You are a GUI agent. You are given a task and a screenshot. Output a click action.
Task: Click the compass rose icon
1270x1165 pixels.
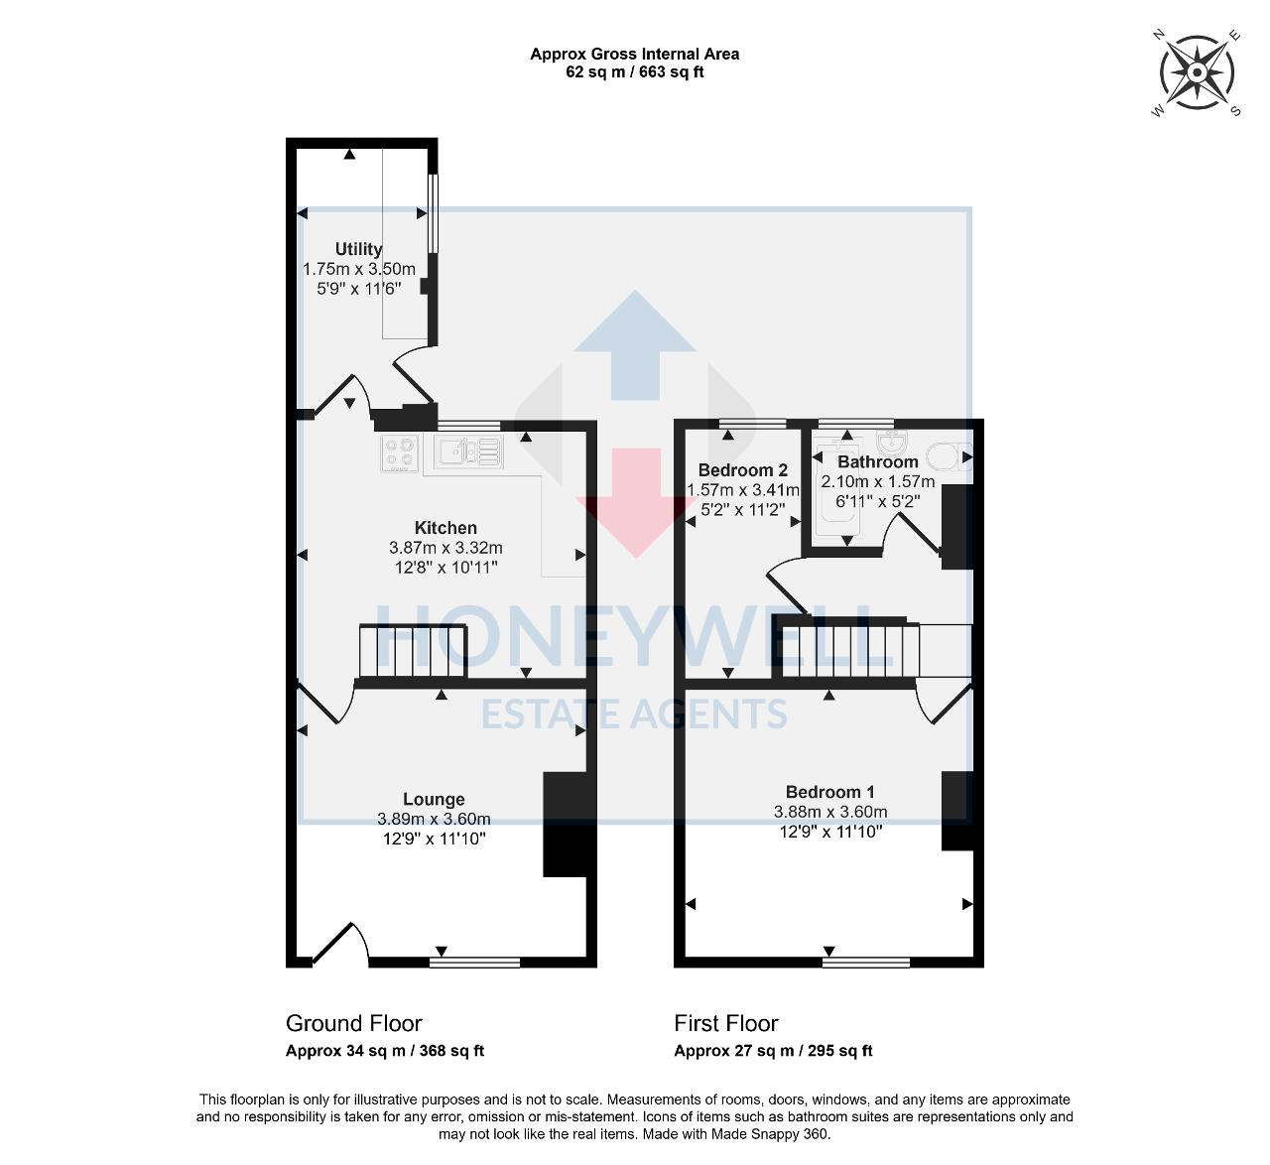pos(1197,73)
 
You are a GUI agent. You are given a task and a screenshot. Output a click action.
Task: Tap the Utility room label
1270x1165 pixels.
pos(358,249)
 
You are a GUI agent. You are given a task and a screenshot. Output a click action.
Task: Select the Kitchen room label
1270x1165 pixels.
pos(445,528)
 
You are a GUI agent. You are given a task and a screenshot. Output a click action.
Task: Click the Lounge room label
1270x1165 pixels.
pos(434,799)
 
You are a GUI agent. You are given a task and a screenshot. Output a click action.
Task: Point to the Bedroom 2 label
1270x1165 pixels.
pos(742,470)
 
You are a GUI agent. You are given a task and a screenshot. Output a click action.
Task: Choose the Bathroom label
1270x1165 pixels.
pos(877,462)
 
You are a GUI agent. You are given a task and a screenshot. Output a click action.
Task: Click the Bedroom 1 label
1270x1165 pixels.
pos(829,792)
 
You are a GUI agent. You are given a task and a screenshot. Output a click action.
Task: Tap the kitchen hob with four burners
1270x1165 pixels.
pos(401,453)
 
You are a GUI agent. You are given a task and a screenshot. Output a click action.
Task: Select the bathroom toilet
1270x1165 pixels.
pos(946,456)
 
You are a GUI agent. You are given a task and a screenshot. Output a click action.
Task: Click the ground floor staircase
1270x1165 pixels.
pos(412,651)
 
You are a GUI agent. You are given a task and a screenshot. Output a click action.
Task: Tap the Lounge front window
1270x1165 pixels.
pos(474,961)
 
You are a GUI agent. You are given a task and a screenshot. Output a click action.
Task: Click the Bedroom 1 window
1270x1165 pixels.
pos(866,961)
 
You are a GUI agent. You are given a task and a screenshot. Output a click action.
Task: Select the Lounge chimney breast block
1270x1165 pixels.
pos(569,825)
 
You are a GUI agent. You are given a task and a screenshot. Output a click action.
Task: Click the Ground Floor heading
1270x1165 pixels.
pos(353,1023)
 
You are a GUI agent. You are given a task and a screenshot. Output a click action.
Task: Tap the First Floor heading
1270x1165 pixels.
pos(725,1023)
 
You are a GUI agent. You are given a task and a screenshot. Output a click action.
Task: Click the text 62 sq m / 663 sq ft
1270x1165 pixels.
pos(634,72)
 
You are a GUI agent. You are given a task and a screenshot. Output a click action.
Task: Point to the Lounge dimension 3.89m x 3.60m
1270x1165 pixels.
pos(434,820)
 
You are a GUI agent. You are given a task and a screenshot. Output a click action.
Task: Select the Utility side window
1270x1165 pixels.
pos(432,213)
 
